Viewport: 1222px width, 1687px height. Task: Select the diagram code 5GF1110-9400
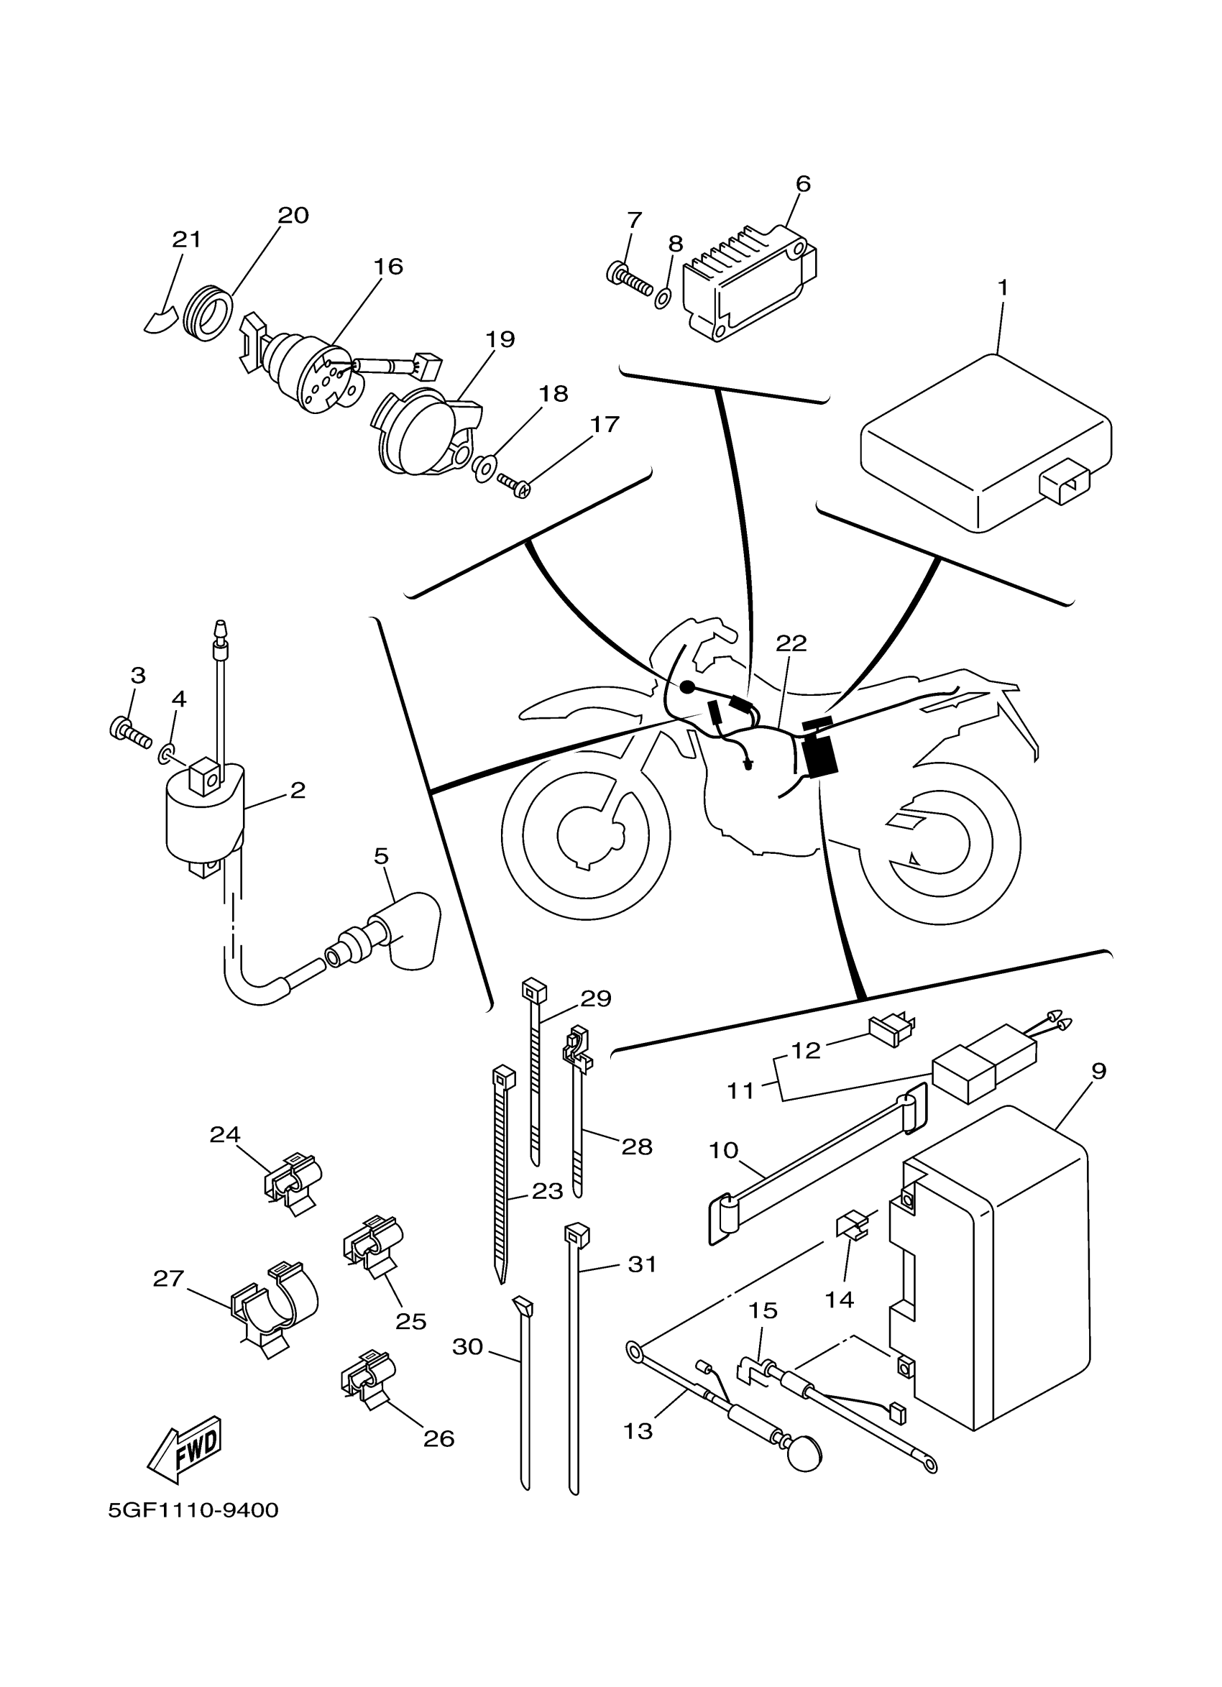coord(193,1511)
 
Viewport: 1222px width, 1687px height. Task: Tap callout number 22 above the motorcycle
coord(791,643)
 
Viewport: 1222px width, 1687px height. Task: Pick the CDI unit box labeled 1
coord(986,443)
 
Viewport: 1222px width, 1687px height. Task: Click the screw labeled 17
coord(514,485)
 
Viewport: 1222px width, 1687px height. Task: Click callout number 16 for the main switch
coord(387,266)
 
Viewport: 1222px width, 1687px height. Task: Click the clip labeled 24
coord(295,1182)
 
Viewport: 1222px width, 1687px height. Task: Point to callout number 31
coord(642,1264)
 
